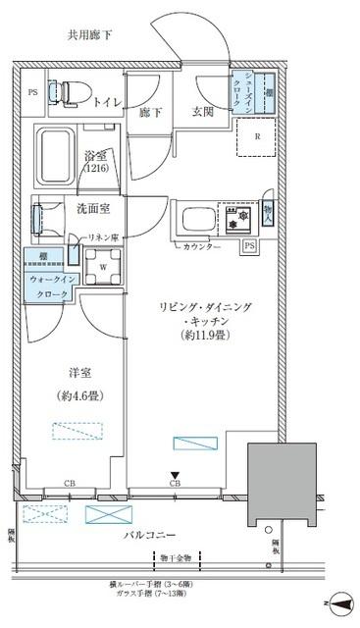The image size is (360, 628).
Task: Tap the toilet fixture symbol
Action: tap(69, 94)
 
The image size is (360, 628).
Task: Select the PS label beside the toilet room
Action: tap(32, 95)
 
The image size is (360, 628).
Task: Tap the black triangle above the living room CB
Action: tap(176, 474)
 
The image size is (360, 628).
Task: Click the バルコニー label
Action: tap(150, 534)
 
